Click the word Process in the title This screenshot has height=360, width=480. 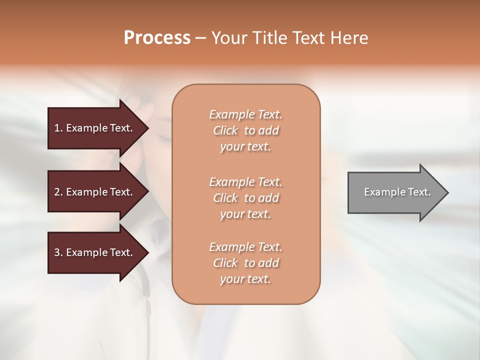click(x=157, y=38)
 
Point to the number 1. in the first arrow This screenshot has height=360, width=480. click(x=58, y=128)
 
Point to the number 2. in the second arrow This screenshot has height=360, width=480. click(x=58, y=192)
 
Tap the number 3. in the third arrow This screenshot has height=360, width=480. click(x=58, y=252)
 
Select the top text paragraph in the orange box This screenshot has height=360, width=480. click(x=246, y=130)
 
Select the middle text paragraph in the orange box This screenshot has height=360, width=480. click(x=246, y=198)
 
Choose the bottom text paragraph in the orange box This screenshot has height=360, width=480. click(x=246, y=263)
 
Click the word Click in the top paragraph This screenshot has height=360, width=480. click(x=225, y=130)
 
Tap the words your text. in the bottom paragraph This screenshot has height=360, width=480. click(x=245, y=279)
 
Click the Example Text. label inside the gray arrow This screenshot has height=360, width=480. click(x=397, y=192)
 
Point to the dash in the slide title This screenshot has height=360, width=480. click(x=200, y=38)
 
